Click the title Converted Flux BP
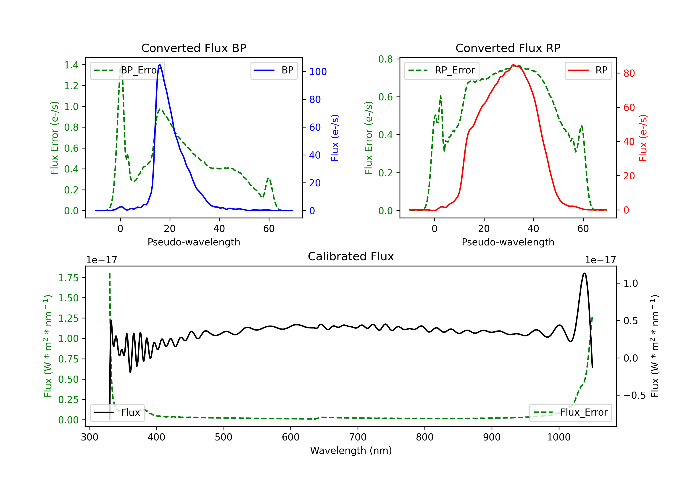tap(194, 48)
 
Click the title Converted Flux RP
tap(508, 48)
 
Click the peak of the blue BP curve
tap(160, 65)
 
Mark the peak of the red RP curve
tap(513, 65)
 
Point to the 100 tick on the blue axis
tap(318, 72)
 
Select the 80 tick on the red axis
tap(629, 73)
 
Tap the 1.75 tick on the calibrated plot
tap(68, 278)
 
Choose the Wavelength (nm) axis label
tap(351, 450)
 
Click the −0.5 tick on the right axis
tap(634, 395)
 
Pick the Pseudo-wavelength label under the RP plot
tap(508, 242)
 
